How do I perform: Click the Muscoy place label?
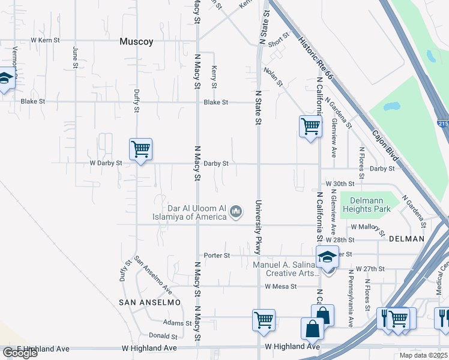click(x=136, y=42)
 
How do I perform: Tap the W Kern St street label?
click(x=46, y=40)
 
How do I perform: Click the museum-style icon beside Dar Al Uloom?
click(x=237, y=211)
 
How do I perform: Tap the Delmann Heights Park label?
click(x=366, y=205)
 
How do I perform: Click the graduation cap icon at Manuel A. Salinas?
click(x=327, y=257)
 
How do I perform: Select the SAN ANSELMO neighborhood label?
click(x=149, y=302)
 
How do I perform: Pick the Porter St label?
click(x=217, y=256)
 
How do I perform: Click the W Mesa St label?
click(x=281, y=286)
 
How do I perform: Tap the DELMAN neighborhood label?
click(x=406, y=239)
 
